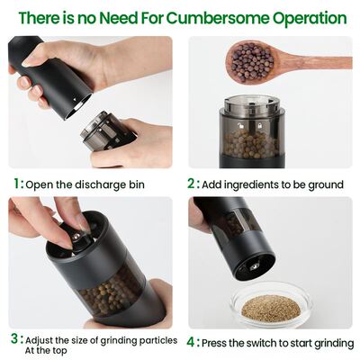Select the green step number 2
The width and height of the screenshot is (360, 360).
coord(192,184)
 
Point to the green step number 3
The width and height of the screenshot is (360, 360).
coord(14,339)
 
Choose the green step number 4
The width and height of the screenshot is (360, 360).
coord(192,342)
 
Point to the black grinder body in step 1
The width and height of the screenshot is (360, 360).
coord(49,81)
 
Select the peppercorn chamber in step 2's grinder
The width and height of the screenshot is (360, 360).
coord(251,139)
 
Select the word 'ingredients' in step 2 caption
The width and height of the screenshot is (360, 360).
coord(255,184)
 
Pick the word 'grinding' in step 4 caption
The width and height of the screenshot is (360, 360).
coord(325,343)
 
